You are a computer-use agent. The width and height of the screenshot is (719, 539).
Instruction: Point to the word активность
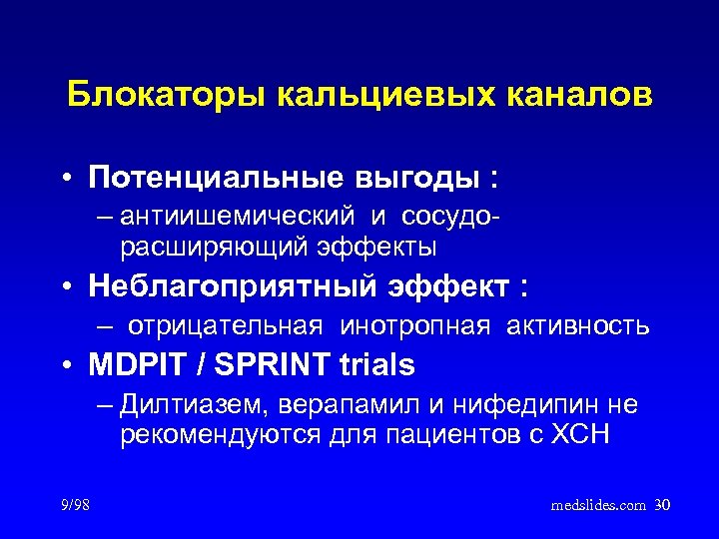(578, 325)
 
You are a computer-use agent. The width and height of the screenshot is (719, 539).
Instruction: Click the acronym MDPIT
(135, 365)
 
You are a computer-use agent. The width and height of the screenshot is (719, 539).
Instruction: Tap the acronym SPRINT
(266, 365)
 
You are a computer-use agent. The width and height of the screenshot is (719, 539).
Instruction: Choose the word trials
(375, 365)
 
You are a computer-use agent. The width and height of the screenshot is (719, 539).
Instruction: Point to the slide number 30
(661, 506)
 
